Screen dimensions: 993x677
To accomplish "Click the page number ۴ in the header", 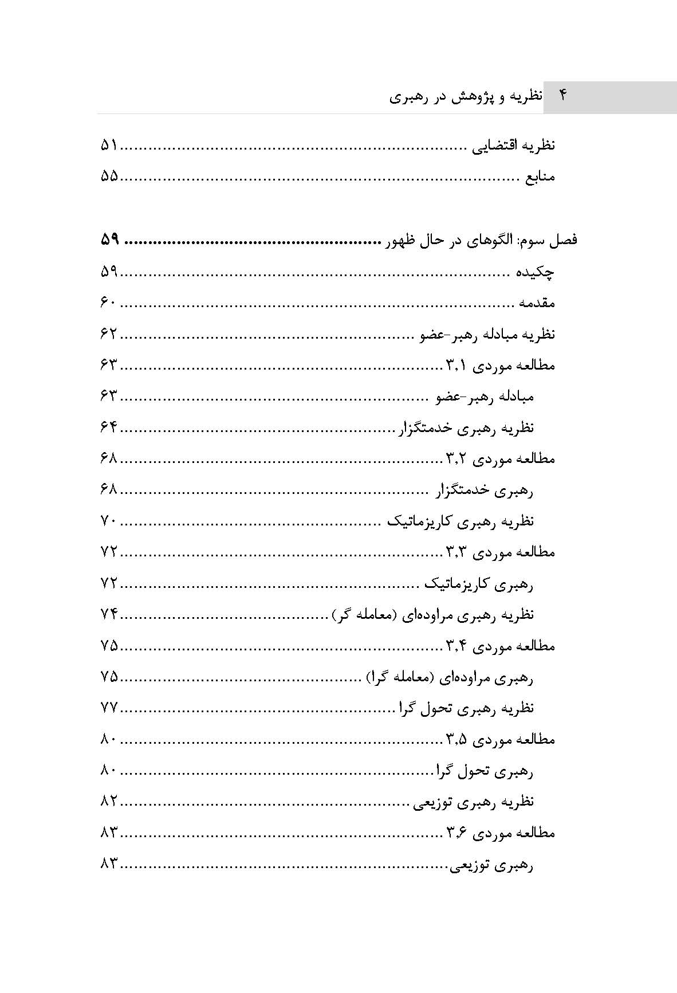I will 562,96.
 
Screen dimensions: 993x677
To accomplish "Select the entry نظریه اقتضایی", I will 513,146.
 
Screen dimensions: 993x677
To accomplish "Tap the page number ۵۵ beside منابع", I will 109,176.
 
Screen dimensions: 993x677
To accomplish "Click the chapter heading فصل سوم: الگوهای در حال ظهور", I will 480,240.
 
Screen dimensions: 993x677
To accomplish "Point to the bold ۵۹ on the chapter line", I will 109,240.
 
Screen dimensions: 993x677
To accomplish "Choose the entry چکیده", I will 533,272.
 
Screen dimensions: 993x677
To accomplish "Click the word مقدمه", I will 537,303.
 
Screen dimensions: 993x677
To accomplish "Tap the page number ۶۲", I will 109,334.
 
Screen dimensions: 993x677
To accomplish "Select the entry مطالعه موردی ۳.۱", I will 501,365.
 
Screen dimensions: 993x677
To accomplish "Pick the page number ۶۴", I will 109,427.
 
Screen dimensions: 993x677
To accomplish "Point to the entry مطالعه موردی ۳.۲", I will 501,458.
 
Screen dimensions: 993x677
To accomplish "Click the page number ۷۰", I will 109,521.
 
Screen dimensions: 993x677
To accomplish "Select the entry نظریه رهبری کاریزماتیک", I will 460,521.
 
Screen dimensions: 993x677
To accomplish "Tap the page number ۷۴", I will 109,614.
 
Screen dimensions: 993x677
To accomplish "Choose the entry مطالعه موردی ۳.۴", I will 501,646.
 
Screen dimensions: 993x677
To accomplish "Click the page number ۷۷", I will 109,708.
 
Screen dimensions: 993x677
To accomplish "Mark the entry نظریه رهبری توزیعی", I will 474,802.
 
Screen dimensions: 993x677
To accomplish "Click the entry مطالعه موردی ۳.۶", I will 501,833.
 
